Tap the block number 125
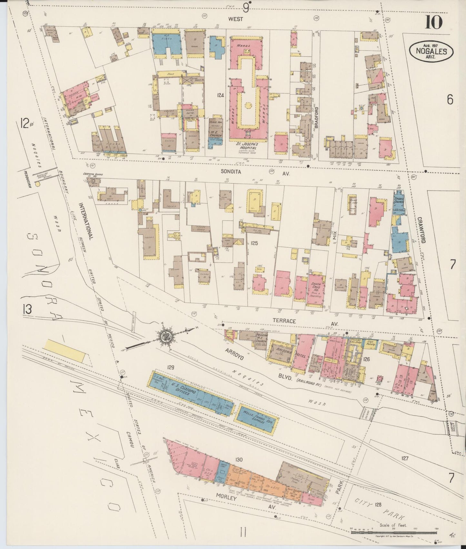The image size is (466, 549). pyautogui.click(x=254, y=244)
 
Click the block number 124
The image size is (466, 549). pyautogui.click(x=220, y=95)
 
